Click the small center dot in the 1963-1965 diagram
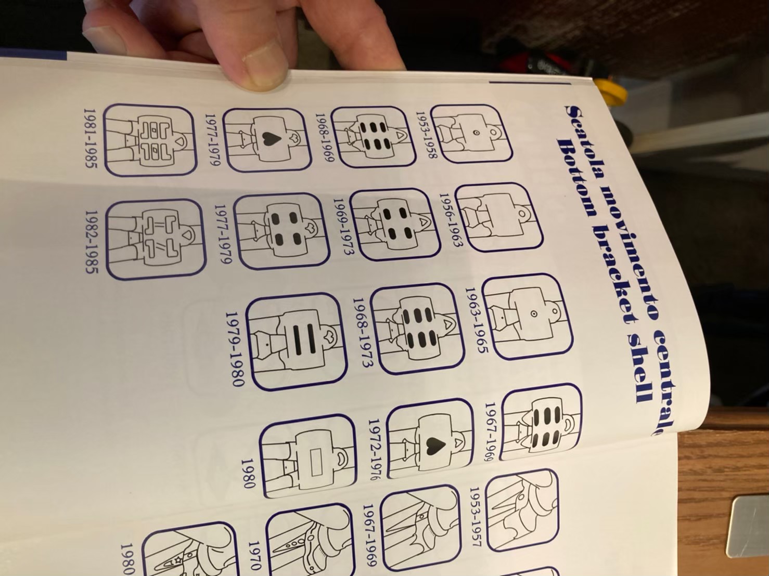[533, 313]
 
